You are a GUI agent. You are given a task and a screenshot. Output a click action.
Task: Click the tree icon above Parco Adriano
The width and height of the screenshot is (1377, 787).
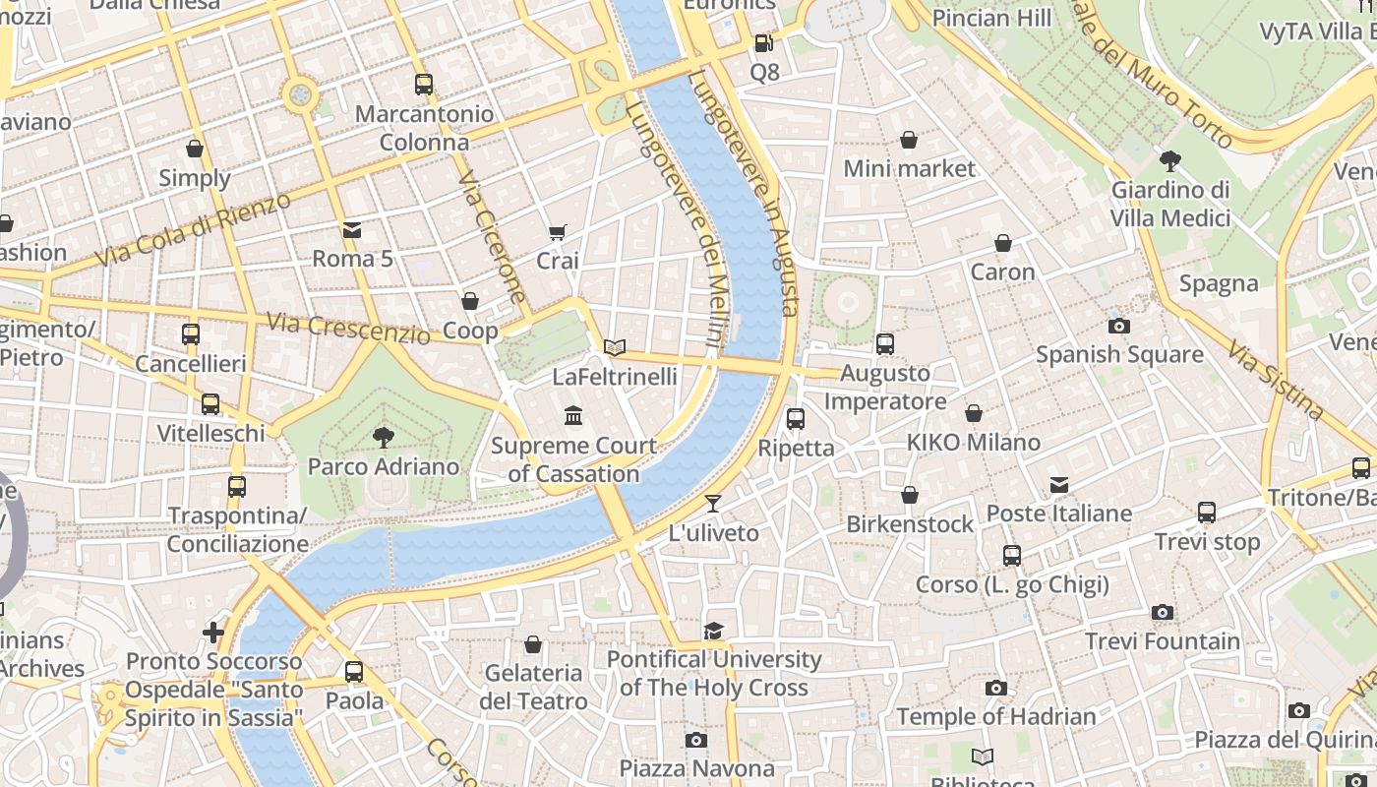click(x=384, y=438)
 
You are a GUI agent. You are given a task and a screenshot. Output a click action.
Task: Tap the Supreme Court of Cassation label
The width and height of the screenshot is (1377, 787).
click(x=574, y=459)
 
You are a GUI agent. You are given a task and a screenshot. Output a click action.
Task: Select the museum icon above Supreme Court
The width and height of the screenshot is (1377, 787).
click(x=573, y=416)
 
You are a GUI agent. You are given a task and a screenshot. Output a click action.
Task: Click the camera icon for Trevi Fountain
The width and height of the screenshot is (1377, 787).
click(x=1163, y=613)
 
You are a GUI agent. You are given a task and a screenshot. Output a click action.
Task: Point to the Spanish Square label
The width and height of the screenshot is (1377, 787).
click(x=1119, y=354)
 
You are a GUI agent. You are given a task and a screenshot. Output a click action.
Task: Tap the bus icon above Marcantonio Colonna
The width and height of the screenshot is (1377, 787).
click(x=424, y=85)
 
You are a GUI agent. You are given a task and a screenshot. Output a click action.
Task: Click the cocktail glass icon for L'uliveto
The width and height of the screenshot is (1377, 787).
click(x=713, y=504)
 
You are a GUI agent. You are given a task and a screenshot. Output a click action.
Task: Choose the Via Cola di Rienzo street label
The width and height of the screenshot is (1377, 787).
click(x=194, y=230)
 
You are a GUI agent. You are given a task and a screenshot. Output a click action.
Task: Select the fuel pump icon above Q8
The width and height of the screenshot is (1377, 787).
click(x=763, y=43)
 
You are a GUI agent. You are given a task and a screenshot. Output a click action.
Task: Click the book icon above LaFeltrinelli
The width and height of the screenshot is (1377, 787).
click(x=615, y=347)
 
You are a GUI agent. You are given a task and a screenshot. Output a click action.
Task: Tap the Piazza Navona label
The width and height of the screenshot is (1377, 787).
click(x=696, y=767)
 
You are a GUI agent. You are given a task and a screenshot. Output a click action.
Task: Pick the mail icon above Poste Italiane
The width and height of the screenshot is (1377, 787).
click(x=1059, y=484)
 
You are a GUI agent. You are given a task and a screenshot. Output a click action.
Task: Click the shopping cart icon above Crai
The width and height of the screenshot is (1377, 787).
click(x=558, y=232)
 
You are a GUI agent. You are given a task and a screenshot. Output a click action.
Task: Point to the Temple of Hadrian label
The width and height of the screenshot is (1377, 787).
click(x=996, y=716)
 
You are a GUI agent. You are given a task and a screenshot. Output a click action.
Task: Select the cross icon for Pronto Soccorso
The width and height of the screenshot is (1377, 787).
click(x=213, y=632)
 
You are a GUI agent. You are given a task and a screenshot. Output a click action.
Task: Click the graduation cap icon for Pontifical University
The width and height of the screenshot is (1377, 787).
click(x=713, y=631)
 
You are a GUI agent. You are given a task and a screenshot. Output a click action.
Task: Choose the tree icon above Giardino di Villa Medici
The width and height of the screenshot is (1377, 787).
click(x=1170, y=160)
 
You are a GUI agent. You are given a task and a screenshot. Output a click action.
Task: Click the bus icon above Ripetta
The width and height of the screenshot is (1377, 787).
click(x=796, y=419)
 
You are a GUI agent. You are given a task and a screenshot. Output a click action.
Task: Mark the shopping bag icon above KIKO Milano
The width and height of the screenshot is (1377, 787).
click(x=974, y=413)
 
